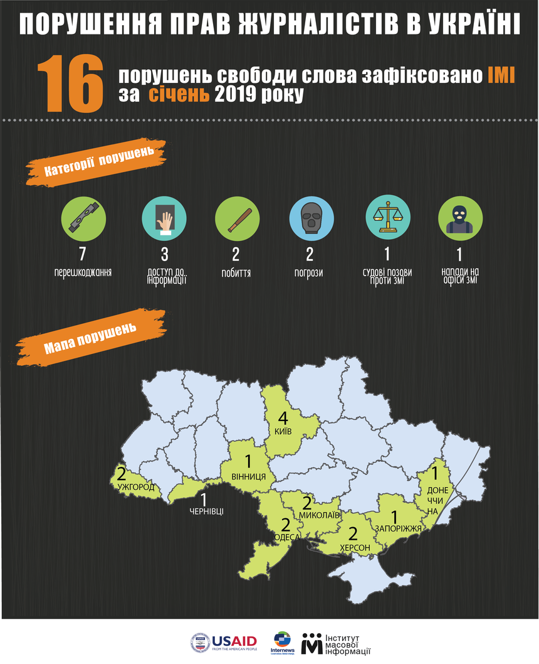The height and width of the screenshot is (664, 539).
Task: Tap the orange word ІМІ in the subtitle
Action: (501, 76)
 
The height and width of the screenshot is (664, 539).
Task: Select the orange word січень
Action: (179, 95)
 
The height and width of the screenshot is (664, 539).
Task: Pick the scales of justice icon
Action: (387, 217)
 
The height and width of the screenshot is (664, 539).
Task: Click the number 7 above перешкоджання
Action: (82, 254)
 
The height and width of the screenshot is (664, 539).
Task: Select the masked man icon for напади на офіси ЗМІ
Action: (459, 217)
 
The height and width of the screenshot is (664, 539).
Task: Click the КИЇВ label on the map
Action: (283, 432)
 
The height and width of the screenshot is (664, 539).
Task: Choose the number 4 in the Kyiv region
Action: (283, 417)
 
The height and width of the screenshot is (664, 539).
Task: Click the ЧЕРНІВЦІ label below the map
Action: (206, 510)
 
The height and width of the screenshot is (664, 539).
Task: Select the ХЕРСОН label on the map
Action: (355, 548)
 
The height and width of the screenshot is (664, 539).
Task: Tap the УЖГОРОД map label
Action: (135, 487)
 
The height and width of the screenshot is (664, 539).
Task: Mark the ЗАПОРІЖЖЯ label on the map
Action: (398, 529)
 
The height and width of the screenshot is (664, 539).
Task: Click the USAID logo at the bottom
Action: (224, 641)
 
